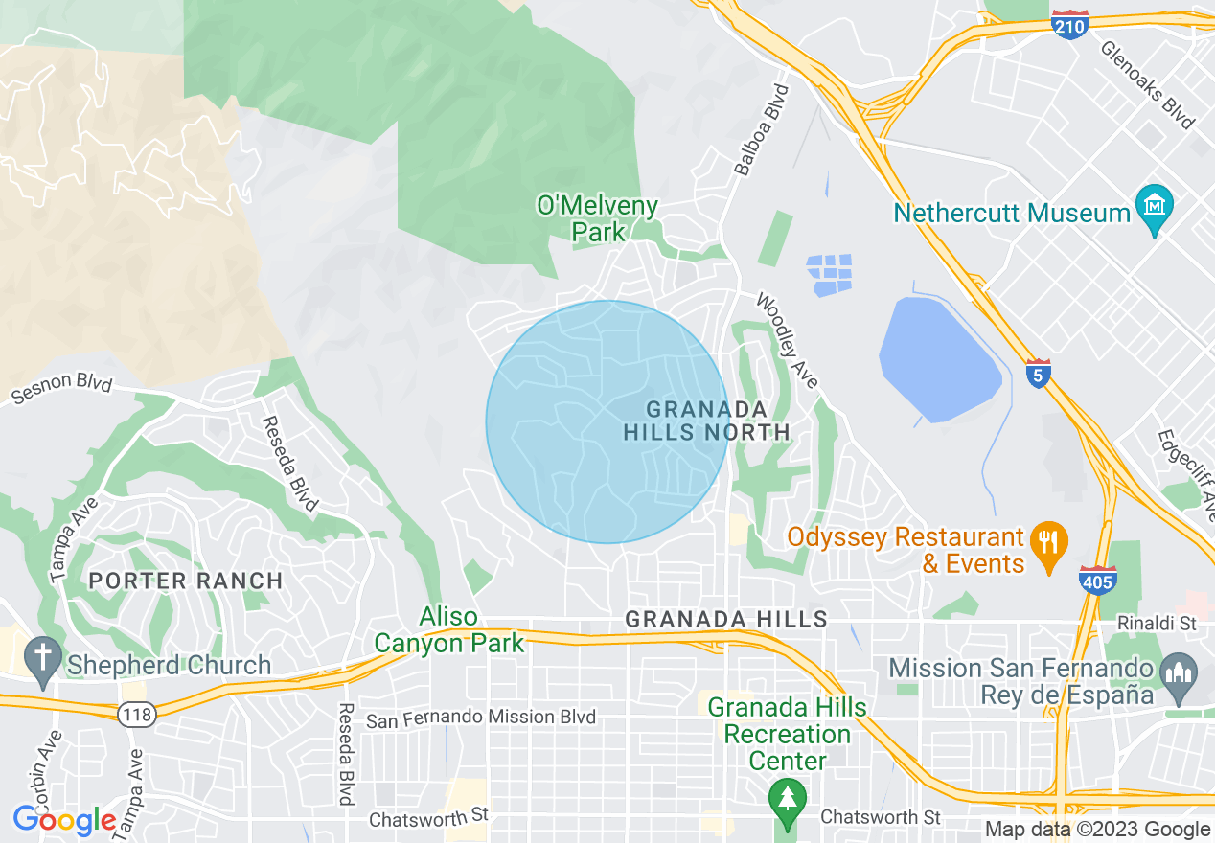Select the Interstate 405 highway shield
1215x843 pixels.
[1097, 580]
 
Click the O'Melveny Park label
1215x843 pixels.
[598, 218]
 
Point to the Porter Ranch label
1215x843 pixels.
[186, 581]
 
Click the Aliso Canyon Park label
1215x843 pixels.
[449, 629]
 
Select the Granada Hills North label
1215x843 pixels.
[707, 421]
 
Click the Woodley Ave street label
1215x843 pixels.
[788, 340]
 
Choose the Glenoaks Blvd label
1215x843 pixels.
[1147, 84]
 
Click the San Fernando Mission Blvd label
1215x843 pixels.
[481, 718]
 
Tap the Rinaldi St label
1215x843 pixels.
[1157, 624]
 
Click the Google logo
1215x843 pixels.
[63, 821]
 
